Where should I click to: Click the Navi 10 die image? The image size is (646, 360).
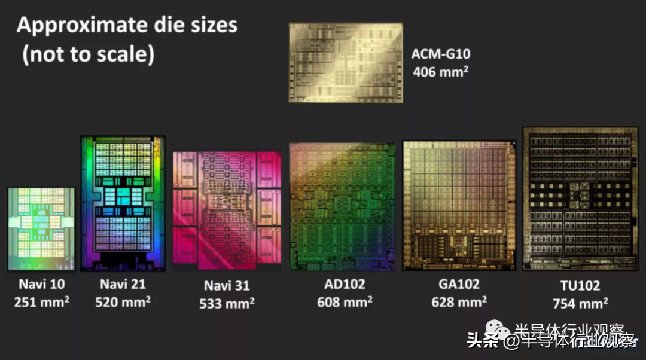click(x=41, y=228)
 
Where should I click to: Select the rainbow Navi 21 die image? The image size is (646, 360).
click(x=123, y=203)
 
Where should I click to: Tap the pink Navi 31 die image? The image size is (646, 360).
click(x=227, y=209)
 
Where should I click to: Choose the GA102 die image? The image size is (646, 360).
click(x=459, y=206)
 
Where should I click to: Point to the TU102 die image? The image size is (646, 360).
click(x=580, y=199)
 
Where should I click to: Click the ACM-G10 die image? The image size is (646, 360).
click(x=346, y=63)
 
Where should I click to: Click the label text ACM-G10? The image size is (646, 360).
click(x=440, y=54)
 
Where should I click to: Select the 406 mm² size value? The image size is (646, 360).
click(x=440, y=72)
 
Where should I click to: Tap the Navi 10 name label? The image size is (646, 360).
click(x=41, y=283)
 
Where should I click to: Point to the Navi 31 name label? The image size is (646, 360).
click(x=227, y=285)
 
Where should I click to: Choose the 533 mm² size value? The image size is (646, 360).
click(x=227, y=303)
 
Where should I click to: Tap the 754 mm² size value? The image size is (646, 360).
click(x=580, y=303)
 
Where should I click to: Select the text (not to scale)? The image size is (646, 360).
click(x=89, y=54)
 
